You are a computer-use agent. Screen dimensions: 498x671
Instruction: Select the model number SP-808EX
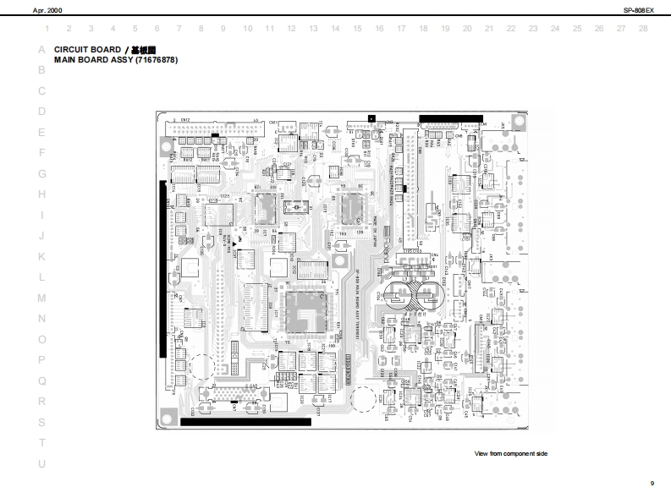(639, 9)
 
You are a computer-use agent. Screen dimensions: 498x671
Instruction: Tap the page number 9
(652, 483)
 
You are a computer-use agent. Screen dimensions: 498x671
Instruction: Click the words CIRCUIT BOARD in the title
(87, 50)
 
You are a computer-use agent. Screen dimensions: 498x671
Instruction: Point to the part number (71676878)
(156, 60)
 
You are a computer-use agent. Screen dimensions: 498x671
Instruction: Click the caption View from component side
(511, 454)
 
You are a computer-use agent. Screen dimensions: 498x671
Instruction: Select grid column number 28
(643, 29)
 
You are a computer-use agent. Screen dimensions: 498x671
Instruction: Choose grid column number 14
(335, 29)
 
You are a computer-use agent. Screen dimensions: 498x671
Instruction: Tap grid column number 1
(47, 29)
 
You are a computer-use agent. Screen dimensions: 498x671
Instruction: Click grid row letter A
(41, 50)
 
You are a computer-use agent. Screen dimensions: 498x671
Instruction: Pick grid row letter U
(41, 463)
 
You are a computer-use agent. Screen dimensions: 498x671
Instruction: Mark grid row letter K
(41, 256)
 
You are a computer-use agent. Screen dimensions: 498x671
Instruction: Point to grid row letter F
(41, 153)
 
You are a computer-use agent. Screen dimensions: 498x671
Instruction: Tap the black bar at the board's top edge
(450, 118)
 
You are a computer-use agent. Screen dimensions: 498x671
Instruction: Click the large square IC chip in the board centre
(307, 311)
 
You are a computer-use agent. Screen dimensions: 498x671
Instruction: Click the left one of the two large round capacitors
(398, 296)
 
